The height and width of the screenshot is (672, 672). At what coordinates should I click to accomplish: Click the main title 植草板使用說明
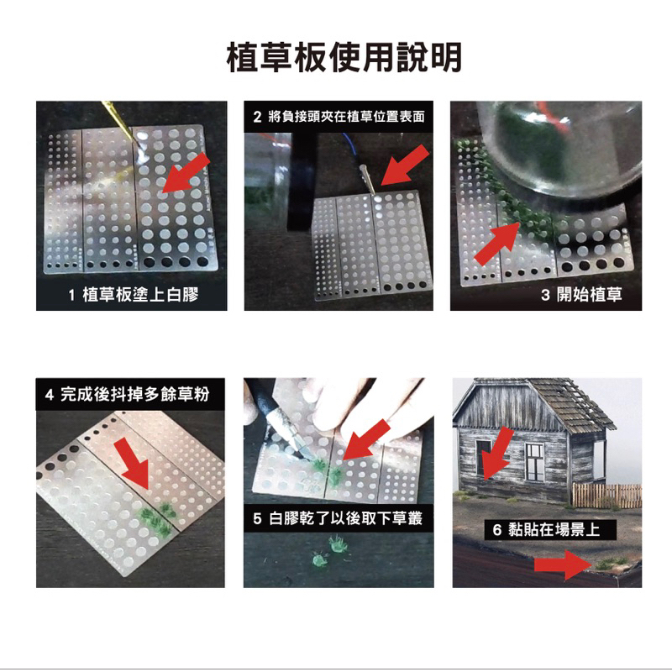[344, 58]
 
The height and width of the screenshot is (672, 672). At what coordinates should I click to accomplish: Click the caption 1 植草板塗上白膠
[134, 295]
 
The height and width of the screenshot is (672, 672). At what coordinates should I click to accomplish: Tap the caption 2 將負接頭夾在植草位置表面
[339, 116]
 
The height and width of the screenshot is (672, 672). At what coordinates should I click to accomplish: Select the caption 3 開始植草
[581, 295]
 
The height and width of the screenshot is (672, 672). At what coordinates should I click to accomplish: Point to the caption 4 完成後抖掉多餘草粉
[128, 394]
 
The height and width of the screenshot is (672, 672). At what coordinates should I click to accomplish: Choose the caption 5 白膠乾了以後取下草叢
[338, 518]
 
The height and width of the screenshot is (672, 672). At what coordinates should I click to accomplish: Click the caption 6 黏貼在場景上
[546, 530]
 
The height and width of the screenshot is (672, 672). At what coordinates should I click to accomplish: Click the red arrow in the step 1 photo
[186, 173]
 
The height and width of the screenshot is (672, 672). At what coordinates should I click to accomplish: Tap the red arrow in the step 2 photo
[405, 165]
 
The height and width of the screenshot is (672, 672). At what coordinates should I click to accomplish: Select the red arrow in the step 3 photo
[497, 244]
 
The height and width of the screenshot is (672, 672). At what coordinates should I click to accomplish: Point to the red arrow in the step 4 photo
[134, 464]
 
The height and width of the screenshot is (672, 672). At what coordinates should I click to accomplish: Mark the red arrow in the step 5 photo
[366, 439]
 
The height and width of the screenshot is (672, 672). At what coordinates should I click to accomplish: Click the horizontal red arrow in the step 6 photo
[563, 565]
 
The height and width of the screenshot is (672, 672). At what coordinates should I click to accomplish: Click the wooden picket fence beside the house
[606, 496]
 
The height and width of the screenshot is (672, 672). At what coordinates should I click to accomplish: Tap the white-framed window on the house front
[534, 461]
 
